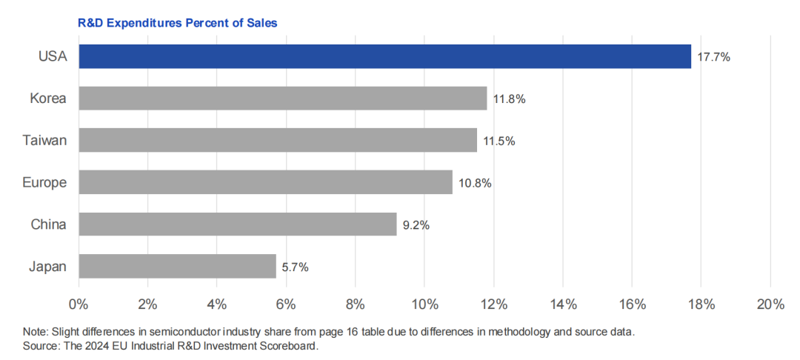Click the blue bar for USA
[384, 56]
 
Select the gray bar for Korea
[282, 99]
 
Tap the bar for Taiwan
[277, 140]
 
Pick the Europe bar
[265, 182]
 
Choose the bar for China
[237, 224]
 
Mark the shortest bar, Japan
[177, 266]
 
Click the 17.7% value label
[713, 57]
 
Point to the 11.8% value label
[509, 99]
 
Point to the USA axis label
[53, 56]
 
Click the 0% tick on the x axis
[78, 304]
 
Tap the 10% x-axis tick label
[424, 304]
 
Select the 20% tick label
[770, 304]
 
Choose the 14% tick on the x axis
[562, 304]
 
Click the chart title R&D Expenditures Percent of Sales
[177, 23]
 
